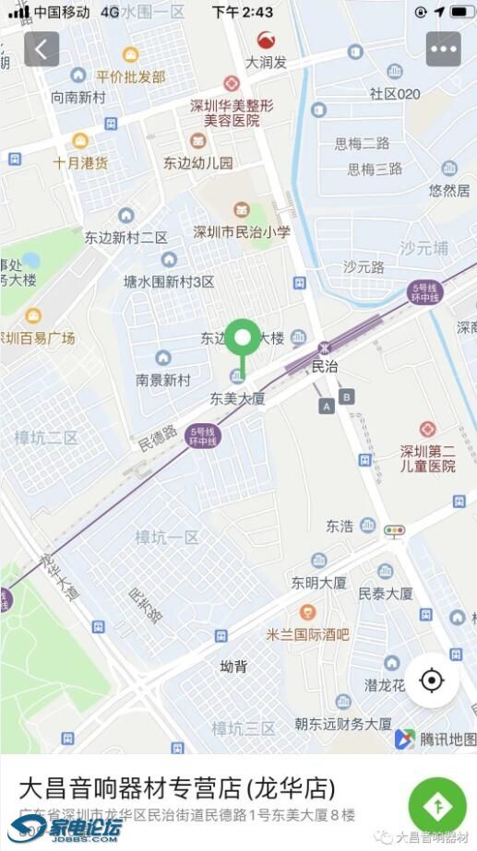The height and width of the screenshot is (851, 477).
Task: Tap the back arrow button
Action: [42, 49]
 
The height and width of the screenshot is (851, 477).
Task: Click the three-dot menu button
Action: [443, 49]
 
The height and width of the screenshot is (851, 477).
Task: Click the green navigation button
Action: [437, 805]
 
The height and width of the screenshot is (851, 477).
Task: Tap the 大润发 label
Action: [266, 63]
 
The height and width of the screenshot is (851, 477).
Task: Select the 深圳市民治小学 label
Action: [242, 231]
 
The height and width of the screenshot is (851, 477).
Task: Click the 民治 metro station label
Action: [325, 366]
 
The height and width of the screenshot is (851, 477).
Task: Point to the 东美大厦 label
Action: [237, 398]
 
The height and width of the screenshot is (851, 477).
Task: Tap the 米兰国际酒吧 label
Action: [307, 633]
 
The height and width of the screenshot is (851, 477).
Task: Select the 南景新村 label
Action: [162, 379]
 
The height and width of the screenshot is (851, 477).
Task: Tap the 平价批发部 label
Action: [130, 77]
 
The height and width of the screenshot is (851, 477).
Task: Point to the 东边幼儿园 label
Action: [198, 162]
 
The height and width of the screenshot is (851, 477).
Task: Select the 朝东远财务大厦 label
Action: [343, 723]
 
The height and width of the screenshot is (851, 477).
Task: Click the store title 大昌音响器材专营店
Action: [177, 788]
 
